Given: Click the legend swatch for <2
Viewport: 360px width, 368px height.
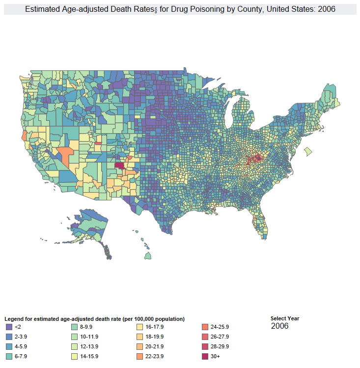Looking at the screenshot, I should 9,327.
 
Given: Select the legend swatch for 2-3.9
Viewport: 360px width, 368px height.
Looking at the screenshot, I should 9,337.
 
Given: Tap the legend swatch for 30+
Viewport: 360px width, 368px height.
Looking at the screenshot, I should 205,356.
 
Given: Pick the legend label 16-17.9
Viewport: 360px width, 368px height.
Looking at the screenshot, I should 155,327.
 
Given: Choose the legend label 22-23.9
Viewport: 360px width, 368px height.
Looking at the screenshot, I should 155,356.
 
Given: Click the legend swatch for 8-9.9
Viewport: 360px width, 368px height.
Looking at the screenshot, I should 75,327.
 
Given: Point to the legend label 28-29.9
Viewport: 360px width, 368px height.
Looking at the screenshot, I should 220,346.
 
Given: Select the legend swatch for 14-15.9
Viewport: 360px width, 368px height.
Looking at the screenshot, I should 75,356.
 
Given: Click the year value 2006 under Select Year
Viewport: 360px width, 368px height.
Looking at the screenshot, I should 279,326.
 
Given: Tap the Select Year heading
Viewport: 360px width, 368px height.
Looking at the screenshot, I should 285,318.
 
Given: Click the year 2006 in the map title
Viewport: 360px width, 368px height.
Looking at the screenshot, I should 327,9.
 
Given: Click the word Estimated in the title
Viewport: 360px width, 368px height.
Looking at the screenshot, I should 41,9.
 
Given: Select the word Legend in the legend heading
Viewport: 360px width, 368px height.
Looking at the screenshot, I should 13,319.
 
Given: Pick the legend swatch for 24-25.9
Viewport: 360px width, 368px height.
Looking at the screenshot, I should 205,327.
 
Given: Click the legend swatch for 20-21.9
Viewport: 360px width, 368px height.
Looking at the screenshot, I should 140,346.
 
